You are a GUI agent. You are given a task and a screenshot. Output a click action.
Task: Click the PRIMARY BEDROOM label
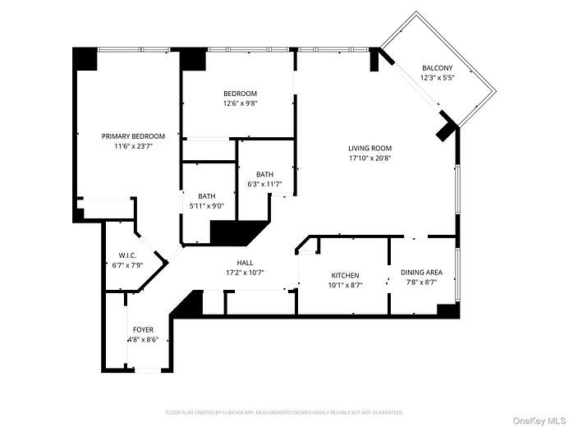click(133, 136)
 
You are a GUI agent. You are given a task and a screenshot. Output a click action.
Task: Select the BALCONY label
click(437, 68)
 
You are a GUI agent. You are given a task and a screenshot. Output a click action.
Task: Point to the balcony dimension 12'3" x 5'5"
click(437, 77)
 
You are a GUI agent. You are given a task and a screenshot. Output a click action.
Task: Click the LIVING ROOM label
click(369, 148)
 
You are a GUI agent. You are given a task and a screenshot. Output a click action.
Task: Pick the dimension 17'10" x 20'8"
click(369, 158)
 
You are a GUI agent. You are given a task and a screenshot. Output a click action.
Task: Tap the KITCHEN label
click(345, 275)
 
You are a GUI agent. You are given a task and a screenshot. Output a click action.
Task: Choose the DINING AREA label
click(421, 273)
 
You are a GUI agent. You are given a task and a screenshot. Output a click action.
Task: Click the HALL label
click(245, 263)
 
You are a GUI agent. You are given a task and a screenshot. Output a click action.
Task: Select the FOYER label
click(143, 329)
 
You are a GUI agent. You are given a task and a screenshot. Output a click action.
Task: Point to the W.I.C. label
click(126, 255)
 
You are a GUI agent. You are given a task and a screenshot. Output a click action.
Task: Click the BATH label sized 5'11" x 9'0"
click(206, 195)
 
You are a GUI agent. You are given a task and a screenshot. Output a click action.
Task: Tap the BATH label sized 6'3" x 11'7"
click(264, 174)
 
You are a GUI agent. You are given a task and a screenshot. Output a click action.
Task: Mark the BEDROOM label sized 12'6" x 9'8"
click(240, 94)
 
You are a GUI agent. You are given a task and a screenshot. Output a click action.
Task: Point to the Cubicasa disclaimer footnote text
click(284, 412)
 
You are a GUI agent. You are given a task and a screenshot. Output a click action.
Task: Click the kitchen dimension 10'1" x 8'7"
click(345, 285)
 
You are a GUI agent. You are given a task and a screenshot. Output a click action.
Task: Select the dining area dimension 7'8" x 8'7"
click(421, 282)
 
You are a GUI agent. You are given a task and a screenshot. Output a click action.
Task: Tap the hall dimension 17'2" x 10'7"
click(245, 273)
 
